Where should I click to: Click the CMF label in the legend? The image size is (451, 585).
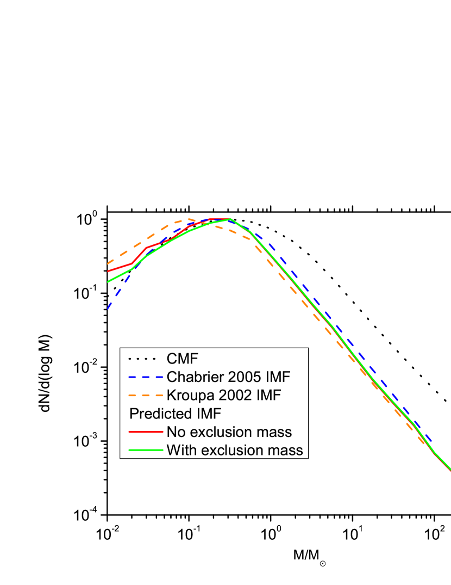tap(182, 359)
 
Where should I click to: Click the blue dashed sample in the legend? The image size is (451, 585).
tap(145, 377)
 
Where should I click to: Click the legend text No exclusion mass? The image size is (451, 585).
tap(229, 432)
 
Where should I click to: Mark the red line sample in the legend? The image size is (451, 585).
tap(145, 432)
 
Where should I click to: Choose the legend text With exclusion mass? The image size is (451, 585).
tap(234, 450)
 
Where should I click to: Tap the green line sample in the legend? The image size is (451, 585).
tap(145, 450)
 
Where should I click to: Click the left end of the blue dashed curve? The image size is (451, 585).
tap(108, 309)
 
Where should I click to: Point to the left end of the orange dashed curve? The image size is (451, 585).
tap(108, 263)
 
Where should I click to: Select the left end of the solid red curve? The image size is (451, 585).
tap(108, 271)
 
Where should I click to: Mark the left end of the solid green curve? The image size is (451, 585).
tap(108, 281)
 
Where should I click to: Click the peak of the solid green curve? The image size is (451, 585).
tap(230, 219)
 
